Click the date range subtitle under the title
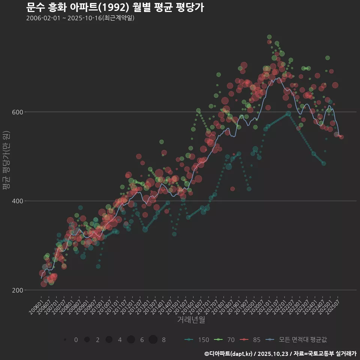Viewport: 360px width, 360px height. (80, 18)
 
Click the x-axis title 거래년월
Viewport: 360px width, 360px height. (191, 320)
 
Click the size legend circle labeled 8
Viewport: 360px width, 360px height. (153, 340)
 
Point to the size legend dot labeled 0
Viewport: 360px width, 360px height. (65, 340)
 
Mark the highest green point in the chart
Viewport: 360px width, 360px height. (269, 37)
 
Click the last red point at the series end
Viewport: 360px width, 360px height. (341, 137)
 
